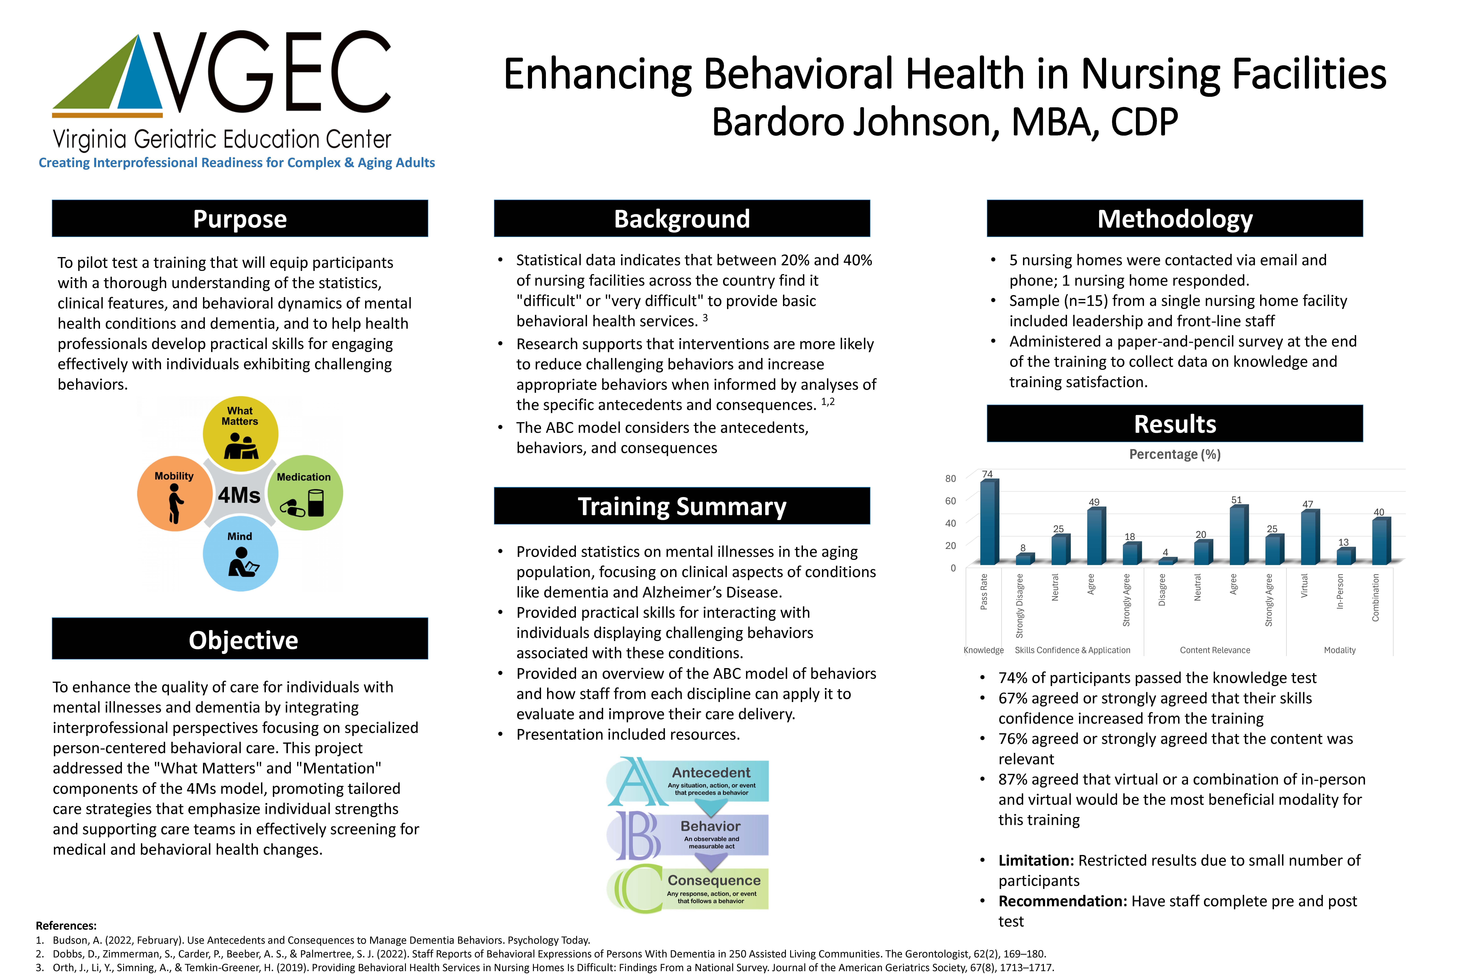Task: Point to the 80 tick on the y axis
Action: click(x=950, y=478)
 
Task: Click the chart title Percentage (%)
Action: click(x=1175, y=454)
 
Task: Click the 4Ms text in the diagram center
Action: click(x=239, y=495)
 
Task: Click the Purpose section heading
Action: click(x=240, y=219)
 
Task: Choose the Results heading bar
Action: click(x=1175, y=424)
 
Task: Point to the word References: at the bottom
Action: click(x=66, y=926)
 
